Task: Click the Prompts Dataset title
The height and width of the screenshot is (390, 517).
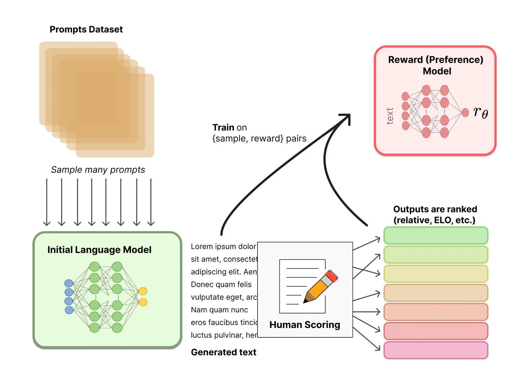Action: pyautogui.click(x=86, y=29)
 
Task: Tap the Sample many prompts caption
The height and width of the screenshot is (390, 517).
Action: pyautogui.click(x=98, y=169)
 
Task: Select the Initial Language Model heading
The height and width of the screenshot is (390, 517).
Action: pyautogui.click(x=99, y=250)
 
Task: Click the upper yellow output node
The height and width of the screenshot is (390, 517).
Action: pyautogui.click(x=143, y=291)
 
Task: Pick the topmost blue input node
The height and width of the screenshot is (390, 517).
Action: pyautogui.click(x=69, y=283)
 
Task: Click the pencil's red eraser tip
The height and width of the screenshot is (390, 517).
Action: pyautogui.click(x=332, y=275)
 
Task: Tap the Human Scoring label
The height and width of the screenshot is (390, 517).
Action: pyautogui.click(x=305, y=324)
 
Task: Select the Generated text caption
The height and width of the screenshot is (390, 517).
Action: pyautogui.click(x=224, y=352)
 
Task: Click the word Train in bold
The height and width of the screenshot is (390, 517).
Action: pyautogui.click(x=223, y=127)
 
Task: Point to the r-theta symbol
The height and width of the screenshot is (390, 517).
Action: pyautogui.click(x=480, y=112)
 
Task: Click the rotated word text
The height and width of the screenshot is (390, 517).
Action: pyautogui.click(x=390, y=116)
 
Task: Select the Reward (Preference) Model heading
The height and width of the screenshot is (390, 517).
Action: pyautogui.click(x=436, y=65)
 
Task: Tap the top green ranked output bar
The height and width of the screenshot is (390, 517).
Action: pyautogui.click(x=436, y=235)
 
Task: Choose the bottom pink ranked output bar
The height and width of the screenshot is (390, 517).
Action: pyautogui.click(x=436, y=350)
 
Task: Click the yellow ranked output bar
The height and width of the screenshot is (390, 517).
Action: pyautogui.click(x=436, y=274)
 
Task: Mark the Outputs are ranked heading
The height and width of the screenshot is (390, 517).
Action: pyautogui.click(x=435, y=214)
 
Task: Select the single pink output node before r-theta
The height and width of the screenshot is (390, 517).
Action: pyautogui.click(x=465, y=112)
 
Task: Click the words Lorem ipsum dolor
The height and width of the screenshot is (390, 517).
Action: pyautogui.click(x=223, y=246)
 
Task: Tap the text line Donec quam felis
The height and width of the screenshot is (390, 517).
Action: pyautogui.click(x=221, y=284)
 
